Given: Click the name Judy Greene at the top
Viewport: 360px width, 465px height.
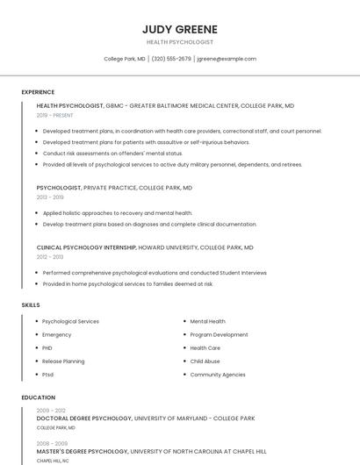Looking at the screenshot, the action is coord(179,29).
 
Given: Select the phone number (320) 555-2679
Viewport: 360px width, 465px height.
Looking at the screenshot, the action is coord(170,59).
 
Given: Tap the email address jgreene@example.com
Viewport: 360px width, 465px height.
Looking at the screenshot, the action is coord(227,59).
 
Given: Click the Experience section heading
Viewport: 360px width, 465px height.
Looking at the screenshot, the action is coord(38,92).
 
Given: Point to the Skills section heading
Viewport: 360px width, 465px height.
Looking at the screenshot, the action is coord(31,305).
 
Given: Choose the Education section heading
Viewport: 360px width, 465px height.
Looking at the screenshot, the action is coord(39,397).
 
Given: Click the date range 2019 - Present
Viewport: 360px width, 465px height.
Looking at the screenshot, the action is coord(54,115).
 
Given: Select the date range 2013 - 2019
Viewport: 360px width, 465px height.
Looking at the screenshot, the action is coord(49,197).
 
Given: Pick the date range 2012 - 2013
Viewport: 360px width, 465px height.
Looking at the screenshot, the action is coord(49,257).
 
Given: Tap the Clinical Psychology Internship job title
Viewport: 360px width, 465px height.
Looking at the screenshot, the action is coord(86,247).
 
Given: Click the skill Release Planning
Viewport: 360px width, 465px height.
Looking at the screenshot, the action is coord(63,361).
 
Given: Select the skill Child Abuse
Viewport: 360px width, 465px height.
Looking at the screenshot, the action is coord(205,361).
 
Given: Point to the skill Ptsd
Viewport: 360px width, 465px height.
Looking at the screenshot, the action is coord(47,375).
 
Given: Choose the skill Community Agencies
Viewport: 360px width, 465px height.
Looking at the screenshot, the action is coord(218,375).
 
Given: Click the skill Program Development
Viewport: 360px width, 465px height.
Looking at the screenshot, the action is coord(219,334).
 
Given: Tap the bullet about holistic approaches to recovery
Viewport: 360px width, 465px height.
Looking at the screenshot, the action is coord(117,213).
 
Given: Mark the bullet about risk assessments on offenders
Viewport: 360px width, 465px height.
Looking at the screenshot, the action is coord(112,153).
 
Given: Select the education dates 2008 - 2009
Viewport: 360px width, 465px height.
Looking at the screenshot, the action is coord(52,444).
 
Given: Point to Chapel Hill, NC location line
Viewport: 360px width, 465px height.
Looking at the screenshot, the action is coord(53,461).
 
